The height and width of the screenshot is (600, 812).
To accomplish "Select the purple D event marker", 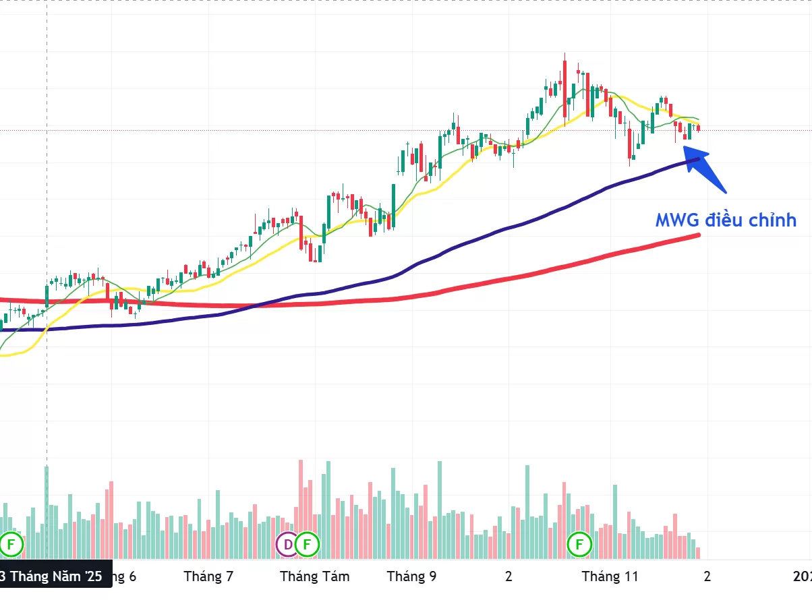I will pyautogui.click(x=288, y=543).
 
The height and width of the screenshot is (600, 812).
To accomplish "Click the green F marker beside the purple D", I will pyautogui.click(x=308, y=543).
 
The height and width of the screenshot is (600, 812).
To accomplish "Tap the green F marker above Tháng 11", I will pyautogui.click(x=579, y=543).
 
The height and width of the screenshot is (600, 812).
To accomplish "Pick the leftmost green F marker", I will pyautogui.click(x=11, y=543).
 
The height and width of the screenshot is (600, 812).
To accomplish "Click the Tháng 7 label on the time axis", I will pyautogui.click(x=208, y=577).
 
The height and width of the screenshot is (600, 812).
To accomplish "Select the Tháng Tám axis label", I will pyautogui.click(x=315, y=577).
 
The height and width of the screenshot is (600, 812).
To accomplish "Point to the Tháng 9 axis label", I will pyautogui.click(x=411, y=577).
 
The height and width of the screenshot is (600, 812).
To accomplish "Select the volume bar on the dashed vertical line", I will pyautogui.click(x=47, y=512).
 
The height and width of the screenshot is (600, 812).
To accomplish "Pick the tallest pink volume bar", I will pyautogui.click(x=301, y=509).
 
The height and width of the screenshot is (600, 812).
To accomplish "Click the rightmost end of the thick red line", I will pyautogui.click(x=698, y=235).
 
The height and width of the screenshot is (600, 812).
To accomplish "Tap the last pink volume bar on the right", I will pyautogui.click(x=698, y=553).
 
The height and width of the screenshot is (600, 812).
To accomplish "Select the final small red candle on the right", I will pyautogui.click(x=699, y=128).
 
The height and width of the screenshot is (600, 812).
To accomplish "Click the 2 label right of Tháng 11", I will pyautogui.click(x=707, y=577).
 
